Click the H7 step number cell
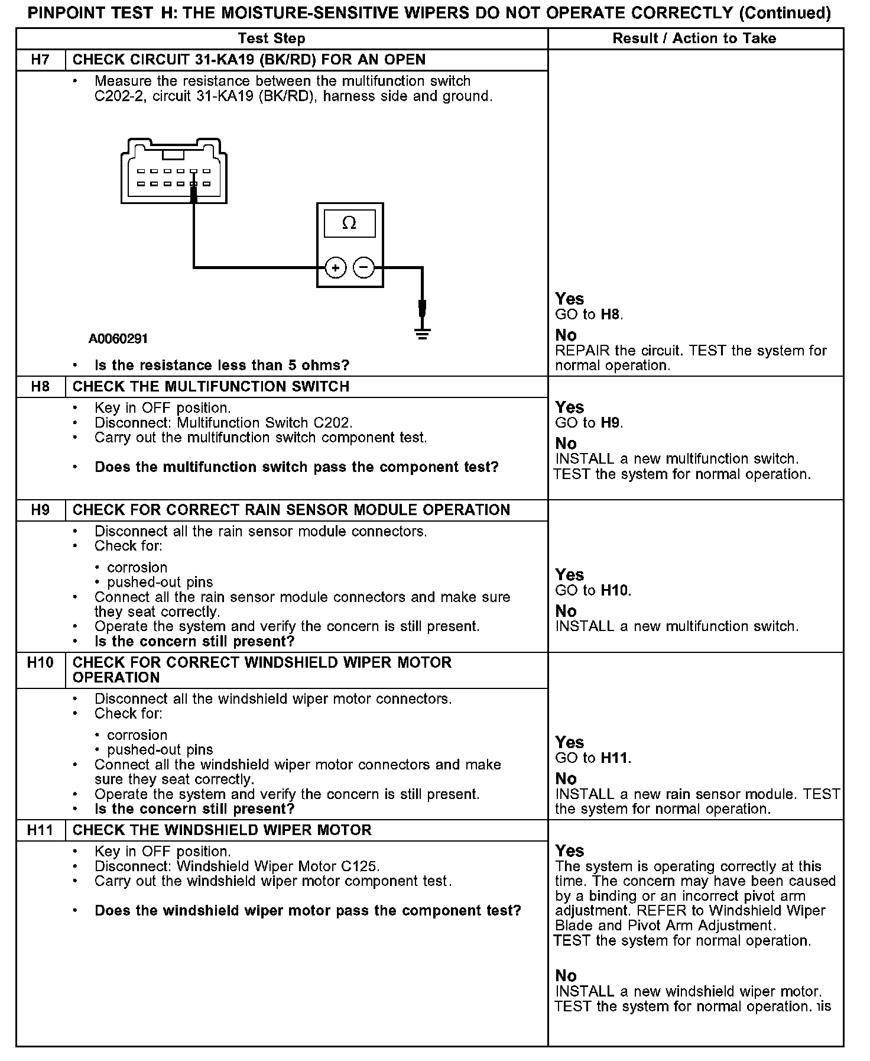tap(40, 60)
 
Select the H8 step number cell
tap(40, 387)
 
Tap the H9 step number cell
tap(40, 510)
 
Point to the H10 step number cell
tap(40, 662)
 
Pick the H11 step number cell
tap(40, 830)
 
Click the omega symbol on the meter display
tap(349, 224)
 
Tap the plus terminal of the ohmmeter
tap(336, 268)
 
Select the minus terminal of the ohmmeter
tap(363, 268)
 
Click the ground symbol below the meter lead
tap(422, 334)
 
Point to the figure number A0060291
tap(118, 339)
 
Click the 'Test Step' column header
tap(271, 38)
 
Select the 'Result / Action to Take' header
tap(694, 38)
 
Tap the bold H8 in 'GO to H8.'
tap(610, 314)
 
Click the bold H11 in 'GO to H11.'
tap(614, 758)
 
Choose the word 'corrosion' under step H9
tap(137, 567)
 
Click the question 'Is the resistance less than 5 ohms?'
tap(222, 365)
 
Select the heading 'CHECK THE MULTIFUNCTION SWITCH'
tap(211, 387)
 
